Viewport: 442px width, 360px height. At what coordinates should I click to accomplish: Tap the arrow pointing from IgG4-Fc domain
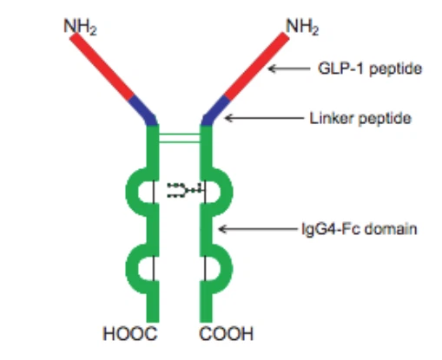pyautogui.click(x=254, y=229)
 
